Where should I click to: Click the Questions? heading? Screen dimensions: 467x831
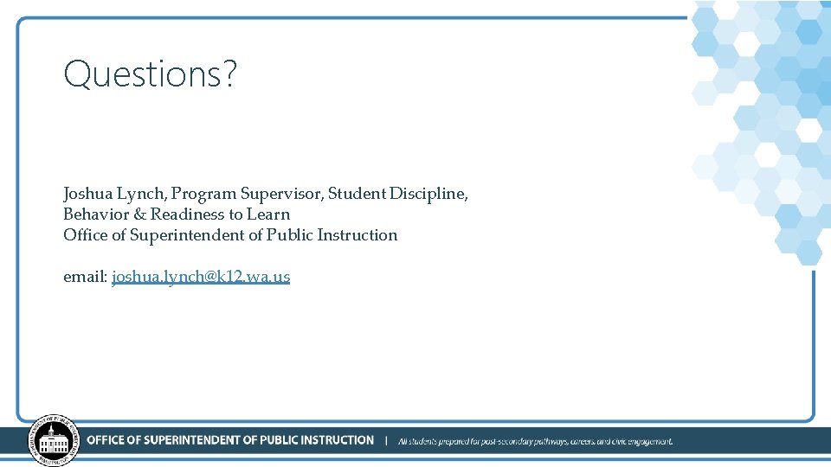click(x=150, y=74)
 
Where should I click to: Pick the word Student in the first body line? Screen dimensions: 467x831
click(x=357, y=194)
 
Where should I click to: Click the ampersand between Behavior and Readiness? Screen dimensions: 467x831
click(x=139, y=214)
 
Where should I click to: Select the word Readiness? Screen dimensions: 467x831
click(x=188, y=214)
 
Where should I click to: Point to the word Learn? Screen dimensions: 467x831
click(x=268, y=214)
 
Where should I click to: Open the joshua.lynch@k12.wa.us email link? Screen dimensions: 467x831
click(x=201, y=277)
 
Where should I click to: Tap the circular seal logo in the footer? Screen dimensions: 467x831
click(x=54, y=439)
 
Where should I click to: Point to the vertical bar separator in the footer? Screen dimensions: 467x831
click(x=386, y=440)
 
